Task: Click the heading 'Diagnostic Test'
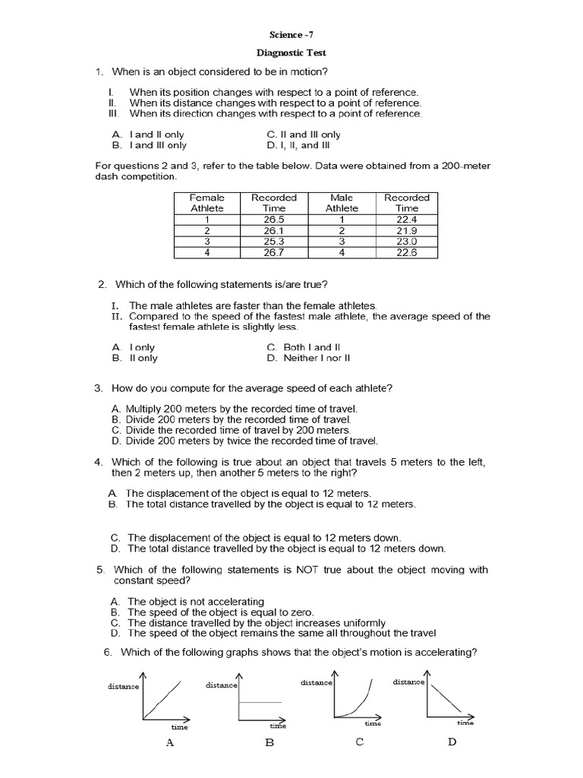tap(291, 54)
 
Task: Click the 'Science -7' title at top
tap(291, 35)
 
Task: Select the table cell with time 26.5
tap(273, 220)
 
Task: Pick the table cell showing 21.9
tap(406, 230)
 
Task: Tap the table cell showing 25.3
tap(273, 242)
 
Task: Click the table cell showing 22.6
tap(406, 253)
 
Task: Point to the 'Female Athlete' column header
tap(207, 202)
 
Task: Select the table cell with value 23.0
tap(406, 242)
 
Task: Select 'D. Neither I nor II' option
tap(307, 357)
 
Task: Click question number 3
tap(99, 388)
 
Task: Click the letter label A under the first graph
tap(170, 743)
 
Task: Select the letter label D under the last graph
tap(452, 742)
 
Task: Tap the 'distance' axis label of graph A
tap(123, 686)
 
